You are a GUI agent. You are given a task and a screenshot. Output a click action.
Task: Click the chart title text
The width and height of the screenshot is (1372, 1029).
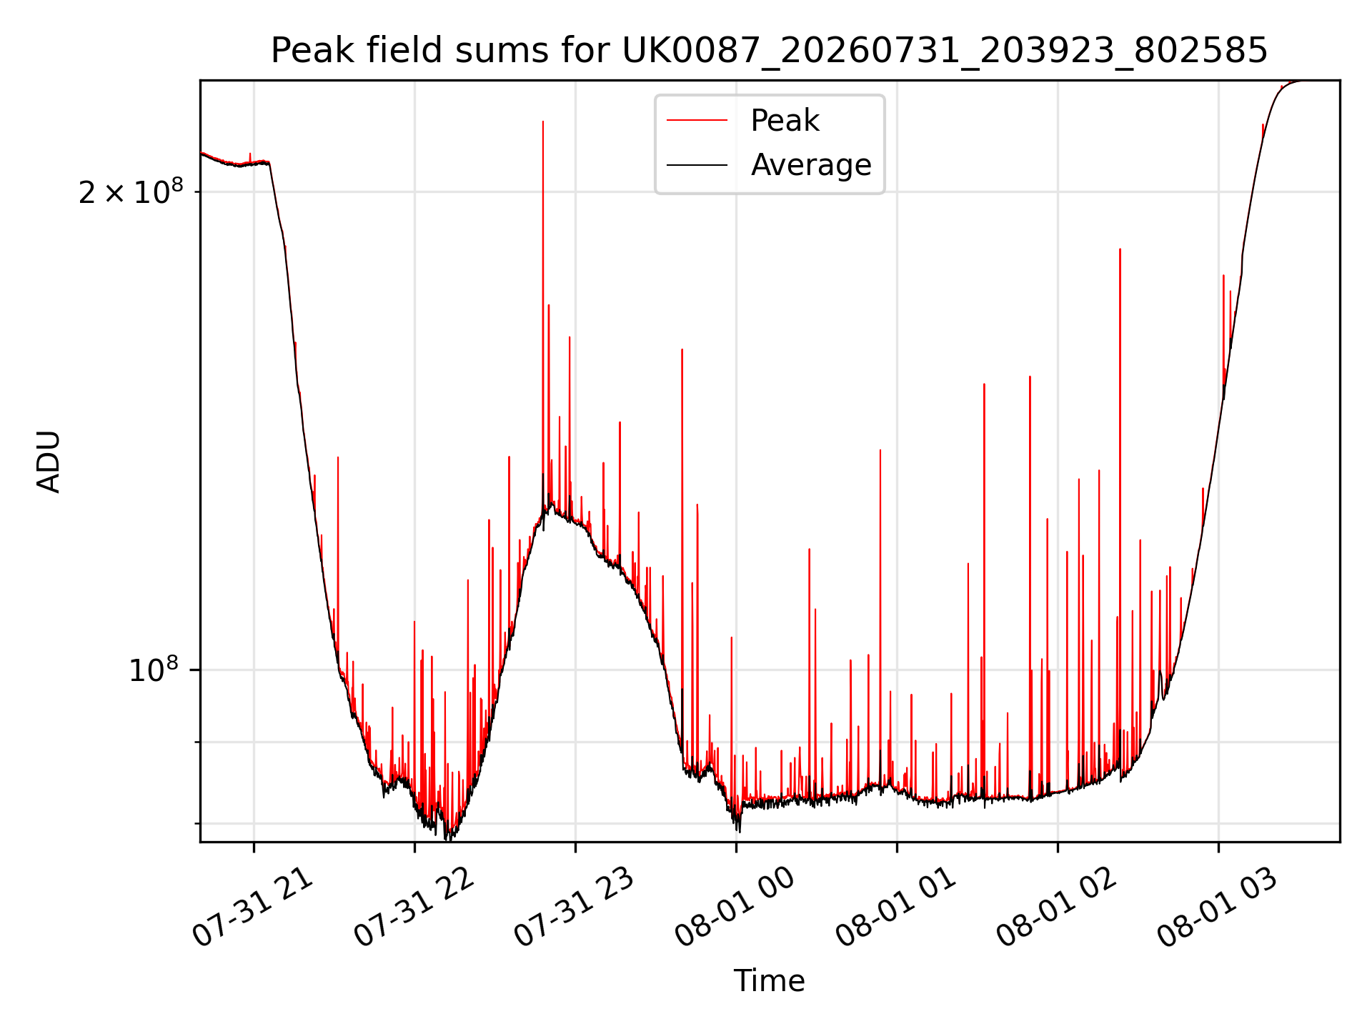tap(769, 51)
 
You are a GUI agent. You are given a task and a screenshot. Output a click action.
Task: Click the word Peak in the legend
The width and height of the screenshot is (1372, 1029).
tap(785, 121)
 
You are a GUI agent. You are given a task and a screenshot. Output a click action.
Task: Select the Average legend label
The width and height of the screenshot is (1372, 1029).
tap(811, 165)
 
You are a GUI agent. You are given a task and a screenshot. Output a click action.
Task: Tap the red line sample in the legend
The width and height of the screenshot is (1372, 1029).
tap(697, 121)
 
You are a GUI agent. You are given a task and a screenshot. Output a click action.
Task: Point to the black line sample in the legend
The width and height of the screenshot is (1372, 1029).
tap(697, 165)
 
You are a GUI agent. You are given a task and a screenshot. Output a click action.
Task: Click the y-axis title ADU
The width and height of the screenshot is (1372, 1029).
tap(49, 461)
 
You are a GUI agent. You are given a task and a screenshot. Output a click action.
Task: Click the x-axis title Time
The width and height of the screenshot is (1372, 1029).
tap(769, 981)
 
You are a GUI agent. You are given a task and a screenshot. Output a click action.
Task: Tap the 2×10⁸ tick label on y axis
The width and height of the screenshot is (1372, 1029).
tap(131, 191)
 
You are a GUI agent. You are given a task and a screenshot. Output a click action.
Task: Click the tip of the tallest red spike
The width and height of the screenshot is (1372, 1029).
tap(543, 121)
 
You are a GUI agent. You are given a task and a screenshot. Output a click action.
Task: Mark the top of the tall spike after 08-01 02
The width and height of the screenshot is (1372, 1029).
tap(1120, 249)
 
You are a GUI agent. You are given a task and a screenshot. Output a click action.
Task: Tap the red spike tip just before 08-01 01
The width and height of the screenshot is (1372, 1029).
tap(880, 450)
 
